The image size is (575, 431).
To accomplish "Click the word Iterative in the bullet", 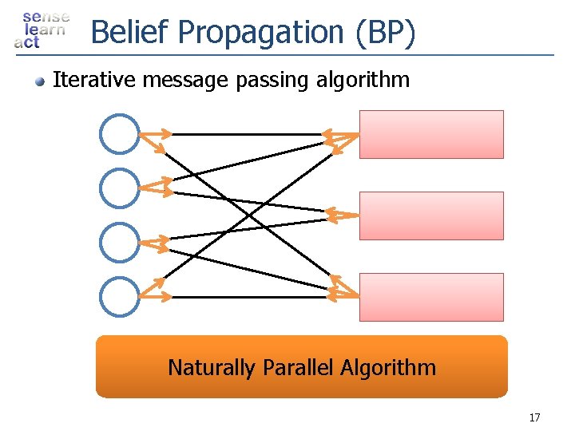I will point(85,80).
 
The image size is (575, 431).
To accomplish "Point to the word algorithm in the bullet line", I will point(367,80).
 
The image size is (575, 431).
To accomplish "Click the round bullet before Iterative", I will point(39,81).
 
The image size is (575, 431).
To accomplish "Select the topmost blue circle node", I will point(120,134).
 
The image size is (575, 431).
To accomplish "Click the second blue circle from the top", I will point(120,188).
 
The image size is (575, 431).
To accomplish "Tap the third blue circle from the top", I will point(120,242).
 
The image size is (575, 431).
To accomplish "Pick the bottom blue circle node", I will point(120,296).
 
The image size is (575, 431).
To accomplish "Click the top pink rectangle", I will point(431,134).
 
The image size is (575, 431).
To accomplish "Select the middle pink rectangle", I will point(431,215).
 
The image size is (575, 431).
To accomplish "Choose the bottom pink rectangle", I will point(431,297).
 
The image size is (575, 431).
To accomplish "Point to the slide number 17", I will point(534,417).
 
